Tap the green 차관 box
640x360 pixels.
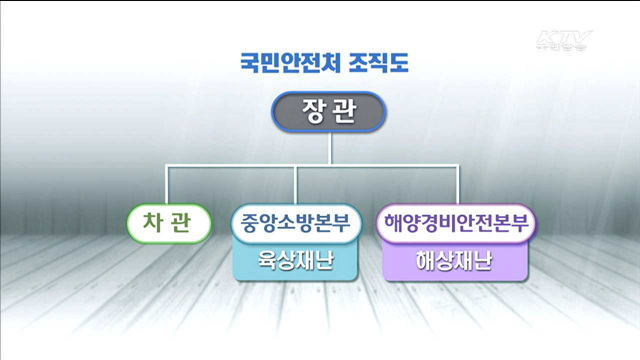coord(170,222)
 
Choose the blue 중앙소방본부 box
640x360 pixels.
coord(295,222)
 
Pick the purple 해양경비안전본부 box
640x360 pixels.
coord(456,222)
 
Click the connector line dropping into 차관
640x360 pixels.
coord(168,186)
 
